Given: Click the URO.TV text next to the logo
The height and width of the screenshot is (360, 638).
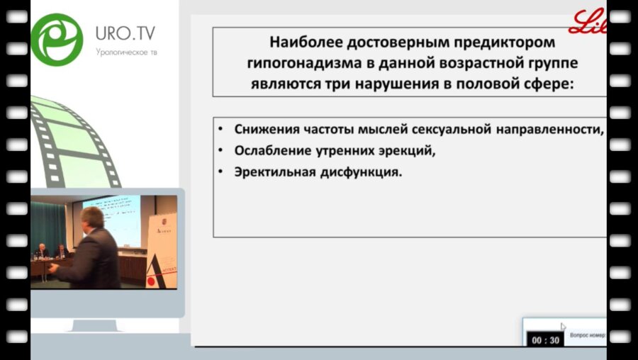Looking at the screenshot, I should tap(125, 33).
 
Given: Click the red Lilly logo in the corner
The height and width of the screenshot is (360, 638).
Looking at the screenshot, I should tap(588, 22).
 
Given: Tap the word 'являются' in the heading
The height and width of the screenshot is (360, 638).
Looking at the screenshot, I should tap(280, 84).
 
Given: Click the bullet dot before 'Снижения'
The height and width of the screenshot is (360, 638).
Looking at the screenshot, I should tap(221, 130).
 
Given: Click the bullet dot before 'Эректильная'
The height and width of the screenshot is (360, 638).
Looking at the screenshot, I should tap(221, 171).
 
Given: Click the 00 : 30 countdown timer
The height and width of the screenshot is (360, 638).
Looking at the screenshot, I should tap(545, 340).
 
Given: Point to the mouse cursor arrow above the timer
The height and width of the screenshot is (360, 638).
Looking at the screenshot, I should tap(563, 327).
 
